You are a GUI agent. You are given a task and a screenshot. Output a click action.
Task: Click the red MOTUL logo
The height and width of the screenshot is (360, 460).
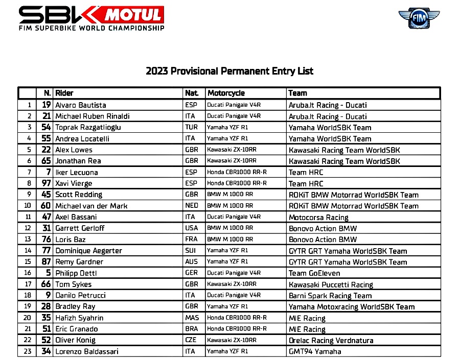pyautogui.click(x=133, y=15)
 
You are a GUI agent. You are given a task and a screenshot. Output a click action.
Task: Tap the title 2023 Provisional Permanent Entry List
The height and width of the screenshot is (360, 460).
pyautogui.click(x=229, y=71)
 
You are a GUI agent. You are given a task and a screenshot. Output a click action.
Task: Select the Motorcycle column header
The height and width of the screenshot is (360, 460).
pyautogui.click(x=226, y=93)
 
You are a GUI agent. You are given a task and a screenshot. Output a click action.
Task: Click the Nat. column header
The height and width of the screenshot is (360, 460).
pyautogui.click(x=192, y=93)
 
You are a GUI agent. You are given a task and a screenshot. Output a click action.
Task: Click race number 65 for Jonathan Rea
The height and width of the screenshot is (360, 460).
pyautogui.click(x=46, y=161)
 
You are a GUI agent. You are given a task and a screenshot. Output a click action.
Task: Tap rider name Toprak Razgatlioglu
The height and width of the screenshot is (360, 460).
pyautogui.click(x=88, y=128)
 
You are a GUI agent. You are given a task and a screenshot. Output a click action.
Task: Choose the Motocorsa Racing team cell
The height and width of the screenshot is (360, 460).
pyautogui.click(x=318, y=217)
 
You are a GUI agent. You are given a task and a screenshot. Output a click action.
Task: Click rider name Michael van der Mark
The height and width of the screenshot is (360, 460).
pyautogui.click(x=91, y=206)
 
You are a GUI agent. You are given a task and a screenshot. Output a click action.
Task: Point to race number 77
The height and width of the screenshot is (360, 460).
pyautogui.click(x=46, y=251)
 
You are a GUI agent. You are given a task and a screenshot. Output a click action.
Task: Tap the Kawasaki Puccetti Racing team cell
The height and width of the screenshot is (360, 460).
pyautogui.click(x=331, y=284)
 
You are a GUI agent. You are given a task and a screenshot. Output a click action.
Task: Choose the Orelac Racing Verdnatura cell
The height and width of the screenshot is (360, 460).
pyautogui.click(x=331, y=340)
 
